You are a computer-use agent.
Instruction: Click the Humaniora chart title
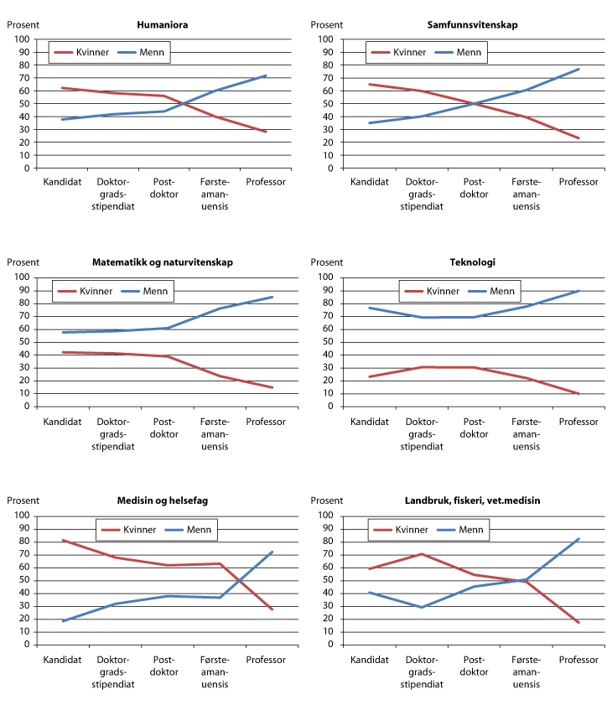162,25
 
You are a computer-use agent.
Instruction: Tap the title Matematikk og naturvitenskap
163,262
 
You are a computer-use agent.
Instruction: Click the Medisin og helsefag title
163,500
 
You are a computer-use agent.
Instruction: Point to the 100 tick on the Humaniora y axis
21,39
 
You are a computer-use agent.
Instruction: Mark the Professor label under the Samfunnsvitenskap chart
578,182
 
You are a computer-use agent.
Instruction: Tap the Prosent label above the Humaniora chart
23,25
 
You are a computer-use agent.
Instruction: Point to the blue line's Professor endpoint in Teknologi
578,291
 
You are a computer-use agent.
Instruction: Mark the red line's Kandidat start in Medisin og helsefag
64,540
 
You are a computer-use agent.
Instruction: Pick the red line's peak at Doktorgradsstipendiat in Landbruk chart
423,554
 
